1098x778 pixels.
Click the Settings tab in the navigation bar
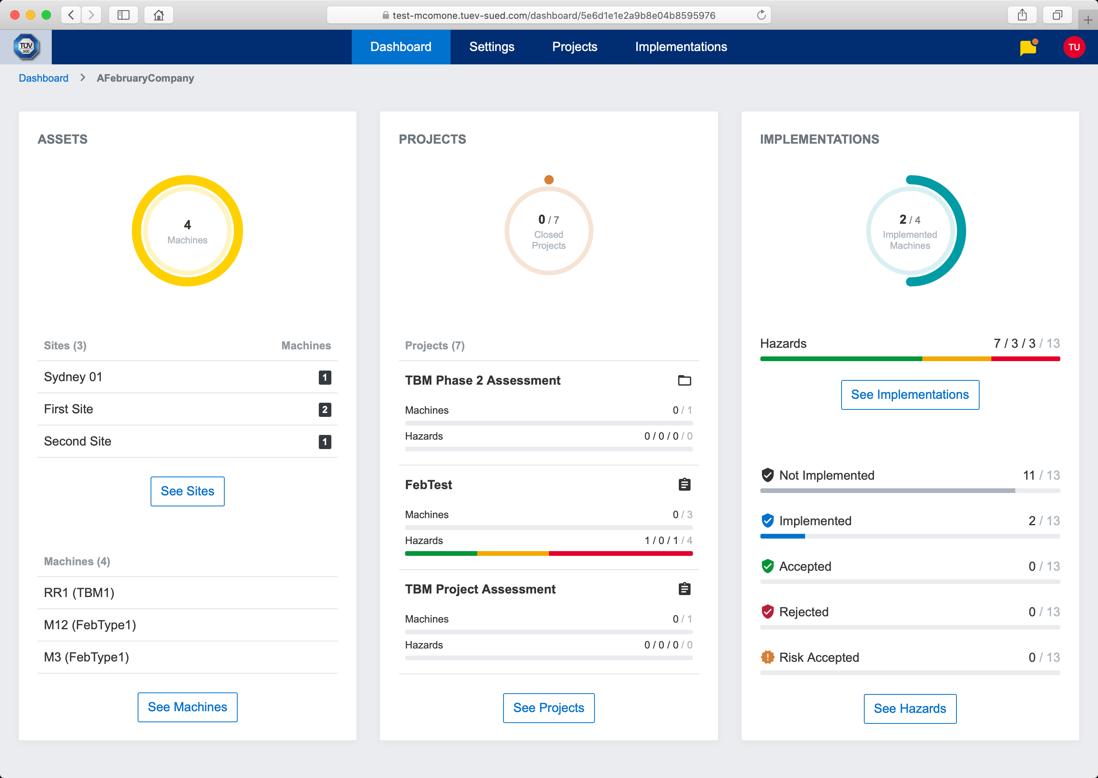492,47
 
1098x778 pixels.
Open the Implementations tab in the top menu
681,47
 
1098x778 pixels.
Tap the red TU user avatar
1074,47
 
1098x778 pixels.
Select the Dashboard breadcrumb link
44,78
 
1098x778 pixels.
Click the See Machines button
187,707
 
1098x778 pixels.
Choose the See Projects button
549,708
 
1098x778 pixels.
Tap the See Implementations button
909,395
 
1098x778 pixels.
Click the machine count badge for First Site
325,409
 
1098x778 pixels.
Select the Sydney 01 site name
73,377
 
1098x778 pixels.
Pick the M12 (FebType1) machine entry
90,625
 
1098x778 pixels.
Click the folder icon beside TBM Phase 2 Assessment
684,380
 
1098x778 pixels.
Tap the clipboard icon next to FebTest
684,485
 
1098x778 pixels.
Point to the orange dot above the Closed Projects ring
549,180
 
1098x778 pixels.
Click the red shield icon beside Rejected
768,612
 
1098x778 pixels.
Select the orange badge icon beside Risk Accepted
768,657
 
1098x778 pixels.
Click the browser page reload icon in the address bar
762,15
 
